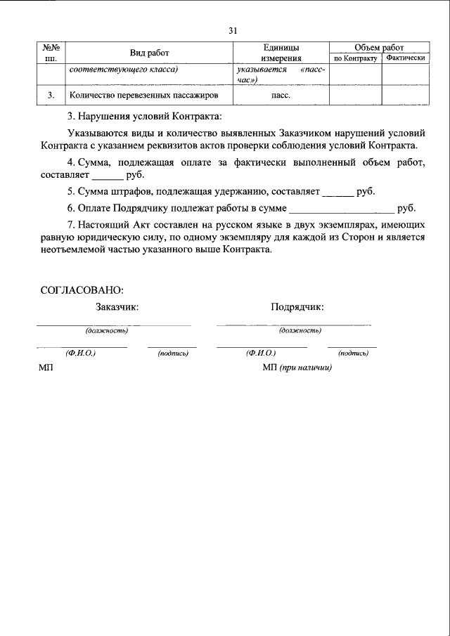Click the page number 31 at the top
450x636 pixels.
pos(233,30)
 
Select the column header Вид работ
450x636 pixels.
pos(149,53)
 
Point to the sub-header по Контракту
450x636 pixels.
pos(355,58)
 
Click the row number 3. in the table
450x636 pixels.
pos(50,94)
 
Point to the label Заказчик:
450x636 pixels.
pos(117,306)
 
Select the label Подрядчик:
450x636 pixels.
pos(297,306)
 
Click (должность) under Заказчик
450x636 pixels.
pos(106,330)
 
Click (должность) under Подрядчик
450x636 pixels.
pos(300,330)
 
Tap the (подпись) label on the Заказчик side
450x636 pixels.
pos(173,353)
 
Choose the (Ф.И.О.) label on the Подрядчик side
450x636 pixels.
pos(261,353)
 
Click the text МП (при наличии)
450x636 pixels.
pos(296,368)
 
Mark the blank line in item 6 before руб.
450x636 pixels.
pos(342,209)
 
